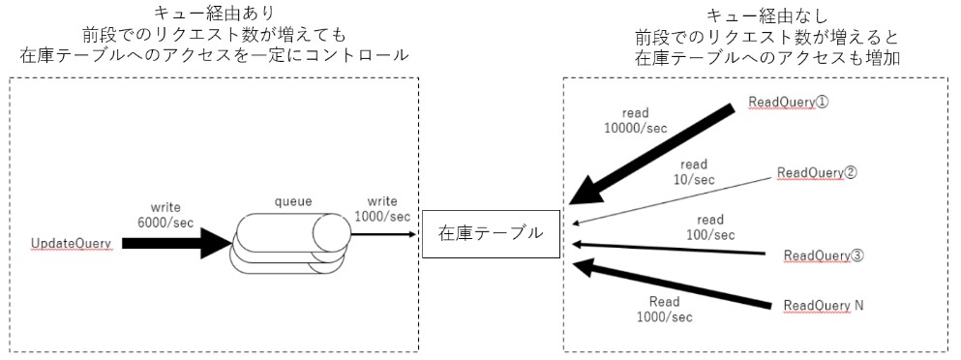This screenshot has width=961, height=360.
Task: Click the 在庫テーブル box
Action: (x=491, y=233)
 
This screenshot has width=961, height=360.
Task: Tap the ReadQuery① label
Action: (x=789, y=103)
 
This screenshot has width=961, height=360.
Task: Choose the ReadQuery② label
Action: (x=818, y=173)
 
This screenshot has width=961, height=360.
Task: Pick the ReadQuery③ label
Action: (x=824, y=255)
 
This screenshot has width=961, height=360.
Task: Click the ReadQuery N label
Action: (x=824, y=305)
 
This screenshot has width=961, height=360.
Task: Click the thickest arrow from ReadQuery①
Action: (x=658, y=149)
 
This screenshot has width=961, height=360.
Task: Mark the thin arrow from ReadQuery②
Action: (x=677, y=199)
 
